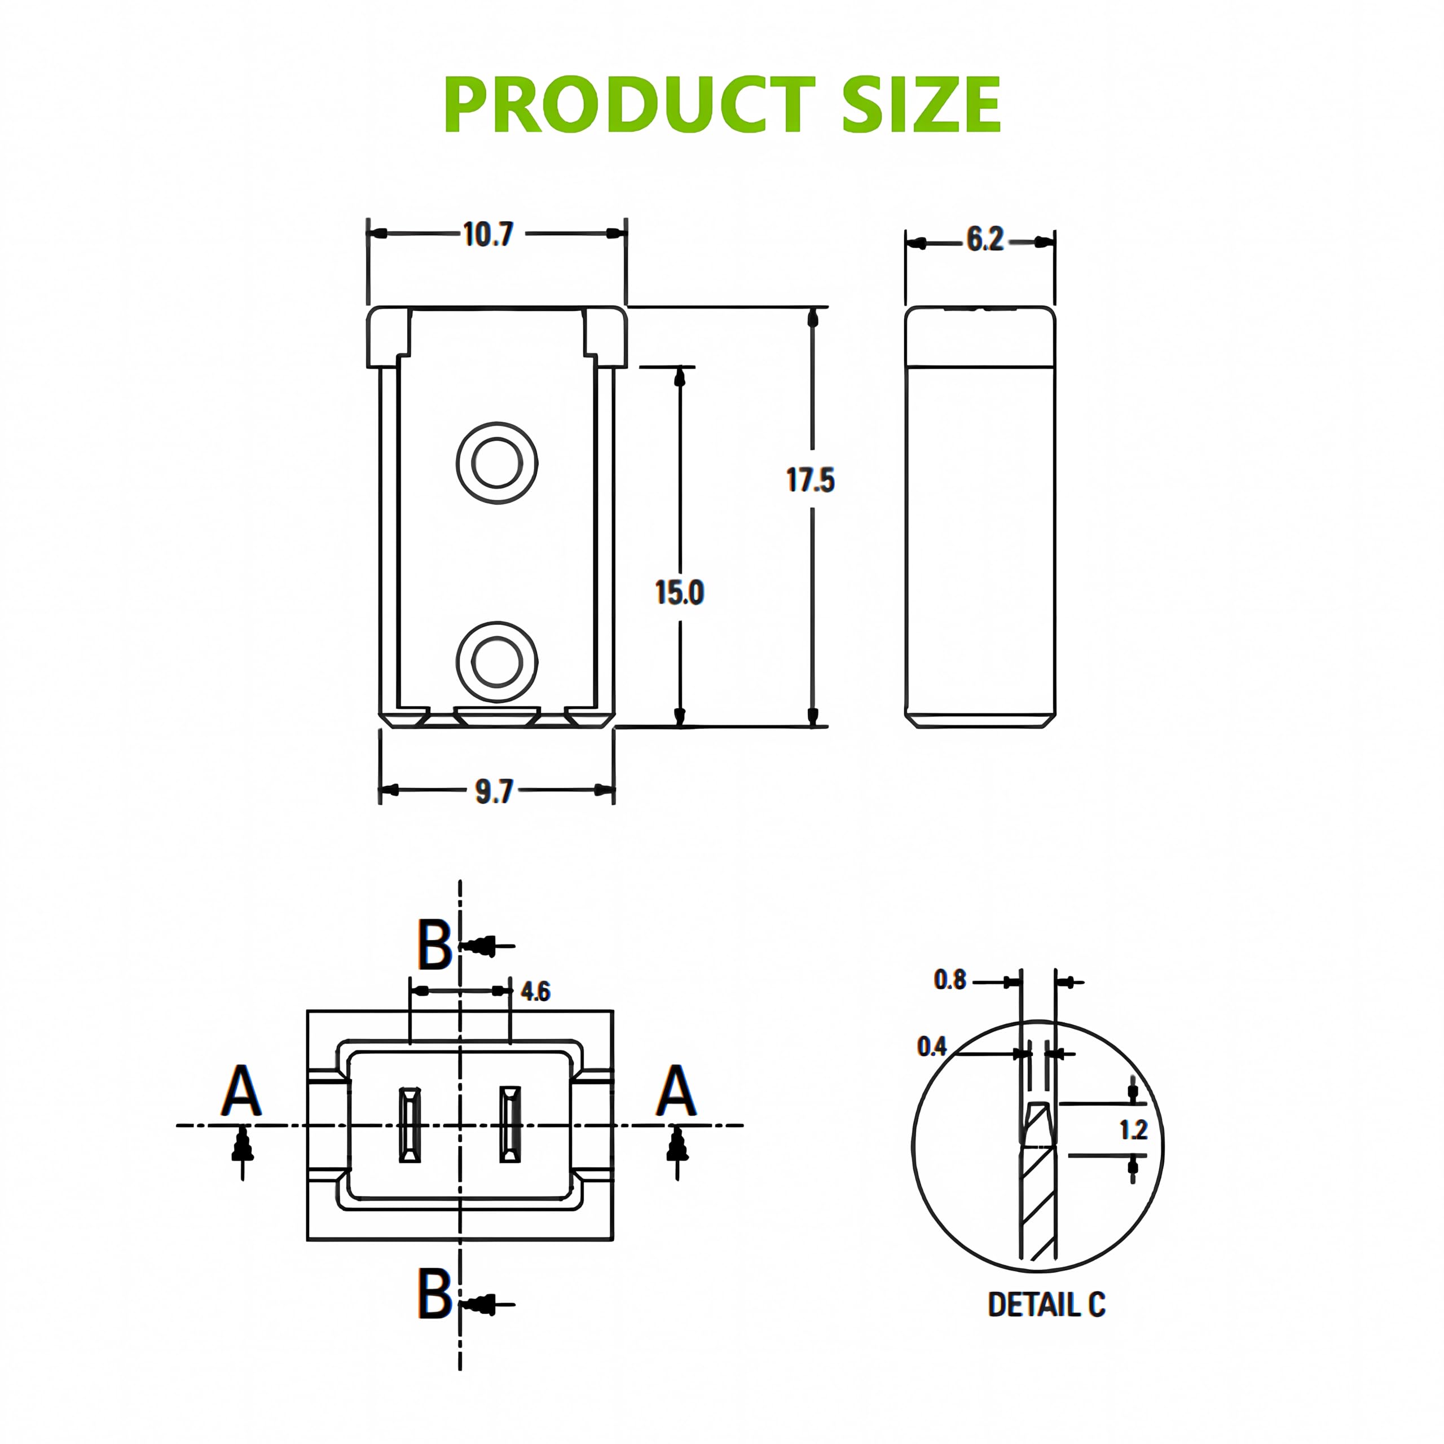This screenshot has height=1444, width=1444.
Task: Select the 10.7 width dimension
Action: [x=488, y=235]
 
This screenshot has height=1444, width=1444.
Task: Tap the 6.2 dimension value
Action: [x=984, y=239]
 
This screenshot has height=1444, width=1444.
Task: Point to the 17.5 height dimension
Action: [x=810, y=480]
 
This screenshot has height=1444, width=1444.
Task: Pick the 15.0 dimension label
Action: [x=679, y=593]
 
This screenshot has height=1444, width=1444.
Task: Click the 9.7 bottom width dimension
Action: [x=494, y=791]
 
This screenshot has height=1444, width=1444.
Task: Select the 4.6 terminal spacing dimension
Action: [x=535, y=992]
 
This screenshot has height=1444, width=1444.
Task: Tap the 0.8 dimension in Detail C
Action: [x=949, y=980]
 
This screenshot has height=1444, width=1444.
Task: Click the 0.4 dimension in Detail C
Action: [x=931, y=1046]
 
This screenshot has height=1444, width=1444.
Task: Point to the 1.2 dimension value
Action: [x=1133, y=1129]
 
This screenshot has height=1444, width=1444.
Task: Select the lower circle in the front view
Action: [x=497, y=662]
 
